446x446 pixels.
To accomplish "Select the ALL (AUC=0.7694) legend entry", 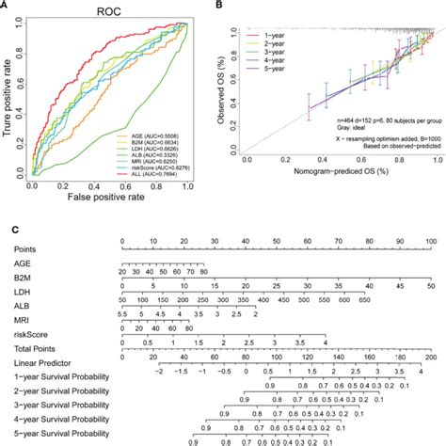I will coord(159,178).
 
